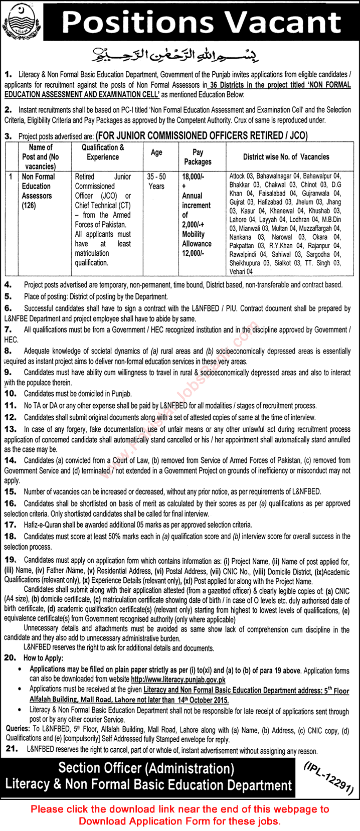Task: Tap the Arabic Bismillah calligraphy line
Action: [x=181, y=52]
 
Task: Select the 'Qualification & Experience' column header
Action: [x=103, y=152]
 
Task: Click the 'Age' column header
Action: [x=156, y=152]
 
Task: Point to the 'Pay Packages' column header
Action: [x=198, y=157]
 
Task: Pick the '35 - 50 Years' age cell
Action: [x=156, y=182]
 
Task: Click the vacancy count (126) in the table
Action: [x=29, y=205]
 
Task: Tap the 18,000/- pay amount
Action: [x=193, y=177]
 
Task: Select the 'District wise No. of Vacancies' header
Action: [x=286, y=157]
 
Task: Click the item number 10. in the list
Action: [x=11, y=394]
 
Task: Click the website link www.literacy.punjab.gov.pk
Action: [x=178, y=680]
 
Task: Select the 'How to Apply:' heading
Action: [x=43, y=658]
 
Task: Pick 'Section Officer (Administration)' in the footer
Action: [x=146, y=768]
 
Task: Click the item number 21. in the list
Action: [x=11, y=750]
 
